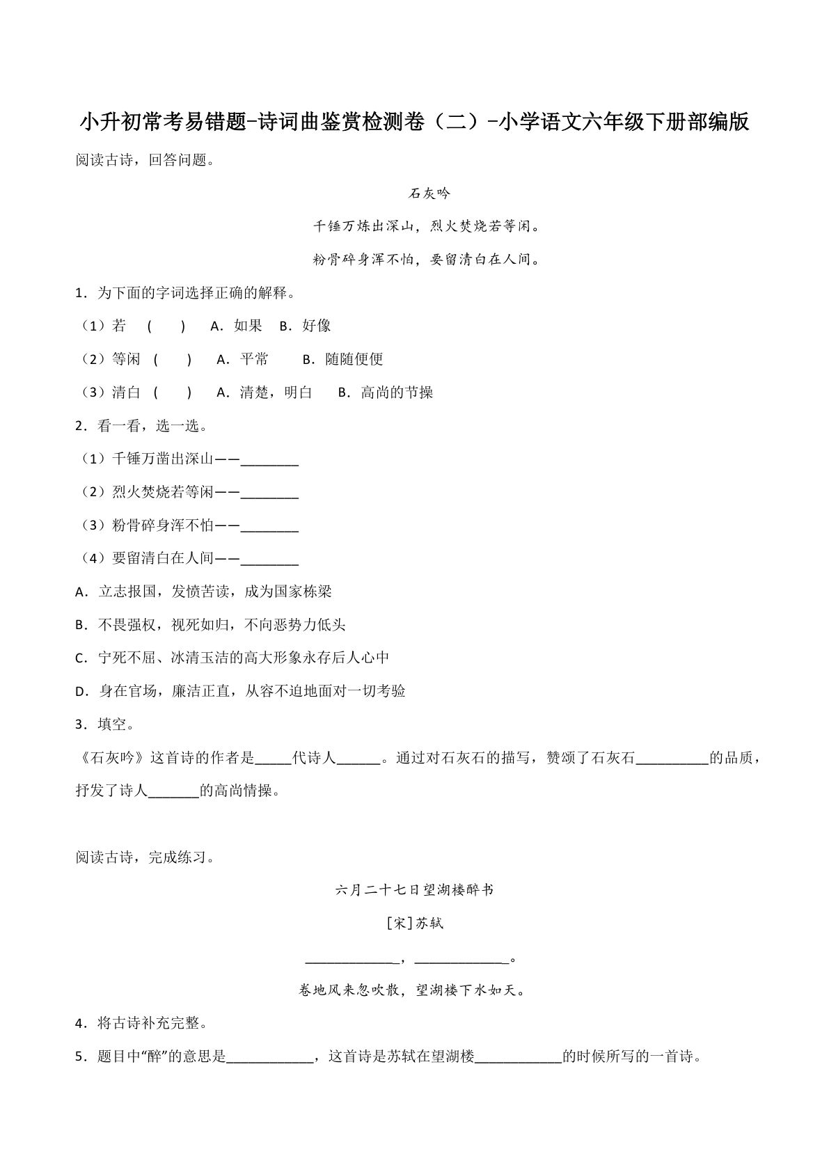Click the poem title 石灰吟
click(429, 193)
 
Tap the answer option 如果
click(248, 326)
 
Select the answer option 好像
click(317, 326)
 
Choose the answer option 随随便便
click(354, 359)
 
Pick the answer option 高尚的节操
click(397, 393)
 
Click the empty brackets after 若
click(166, 326)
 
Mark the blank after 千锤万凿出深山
click(269, 460)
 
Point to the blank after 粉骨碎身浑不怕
click(269, 527)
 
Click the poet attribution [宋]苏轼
click(414, 924)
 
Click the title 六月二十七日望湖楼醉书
click(414, 890)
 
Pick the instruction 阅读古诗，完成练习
click(145, 857)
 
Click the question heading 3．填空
click(104, 724)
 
